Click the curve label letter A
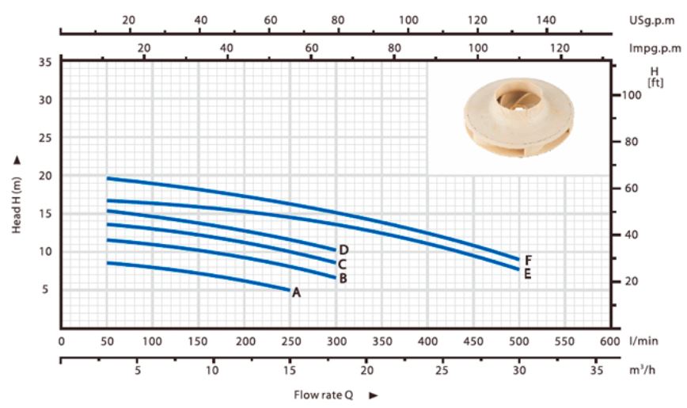click(x=297, y=292)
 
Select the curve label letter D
click(x=344, y=250)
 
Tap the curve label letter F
click(x=529, y=261)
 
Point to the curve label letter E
click(x=527, y=274)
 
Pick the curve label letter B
click(x=343, y=278)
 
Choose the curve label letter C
click(x=342, y=264)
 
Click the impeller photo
click(x=519, y=117)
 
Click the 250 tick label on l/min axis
click(x=291, y=341)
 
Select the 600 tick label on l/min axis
click(x=610, y=341)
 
